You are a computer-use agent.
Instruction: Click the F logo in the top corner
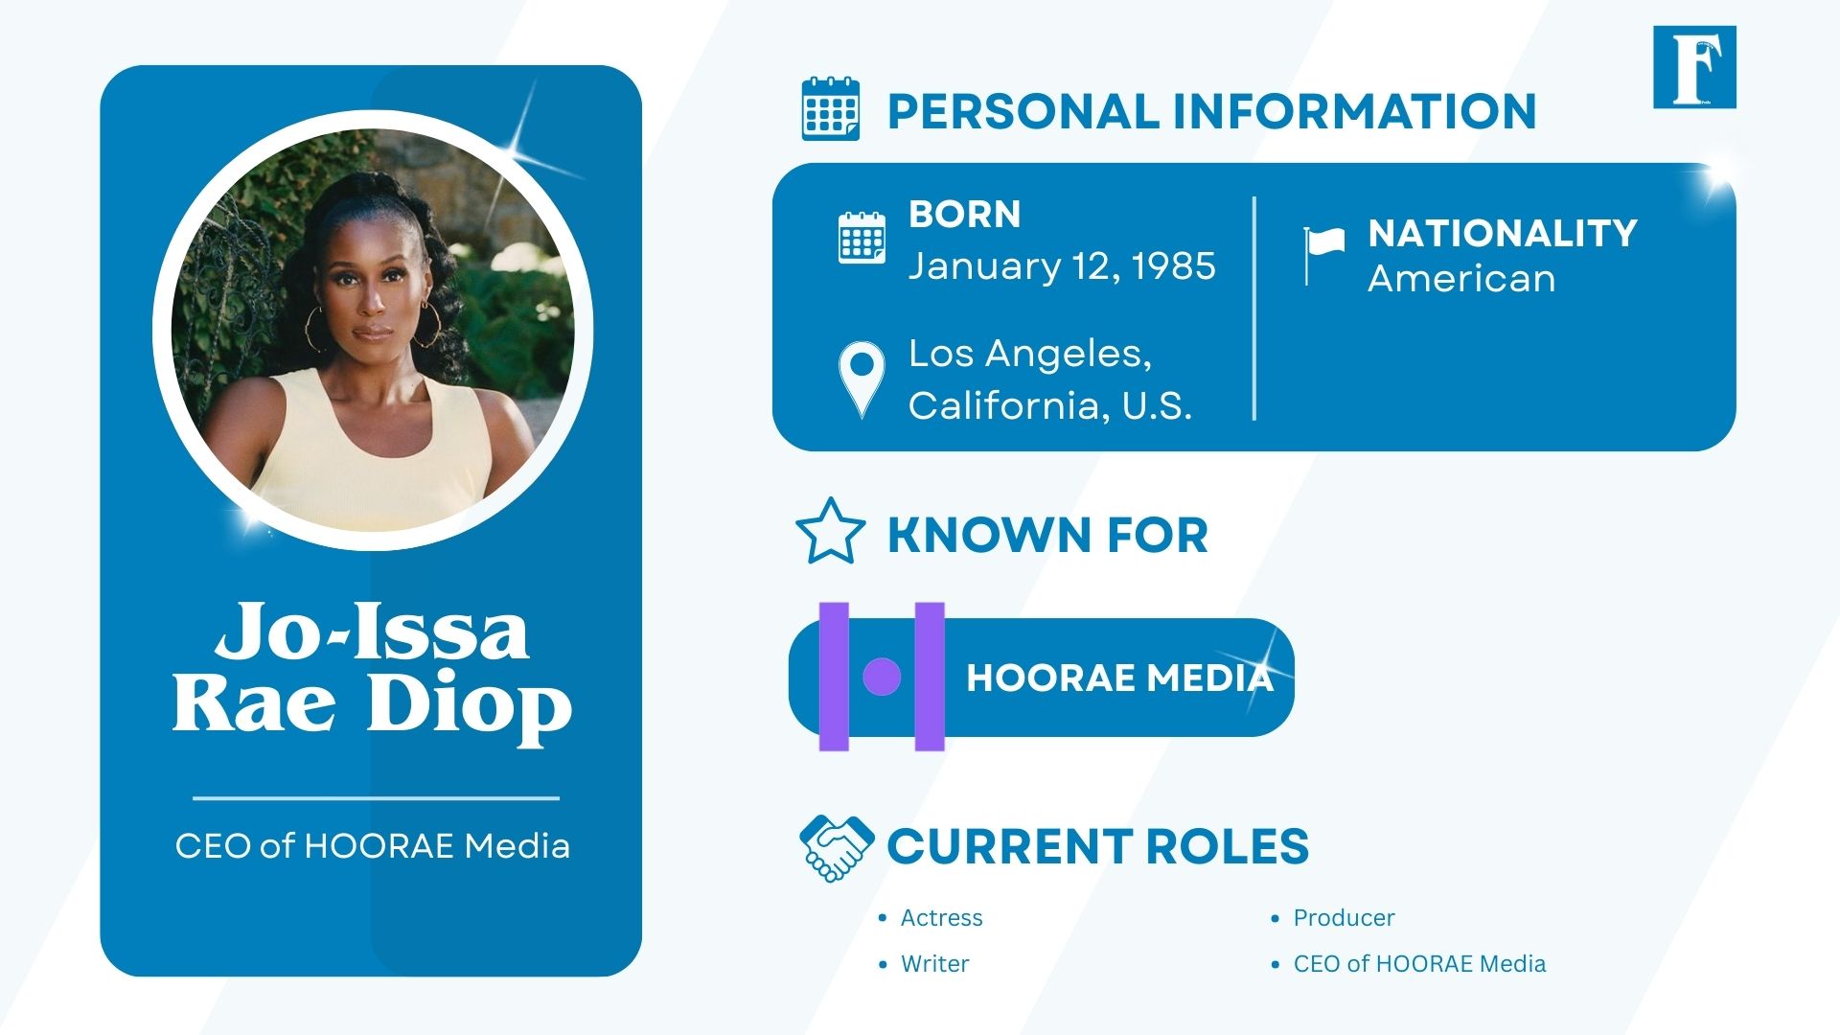1693,67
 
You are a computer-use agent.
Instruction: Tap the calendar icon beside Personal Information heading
830,109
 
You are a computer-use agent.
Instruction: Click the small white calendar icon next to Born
862,238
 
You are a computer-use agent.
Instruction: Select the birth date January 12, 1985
1062,266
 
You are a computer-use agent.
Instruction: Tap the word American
1460,279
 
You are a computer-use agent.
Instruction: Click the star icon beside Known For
830,532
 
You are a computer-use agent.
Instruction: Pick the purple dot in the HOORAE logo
882,677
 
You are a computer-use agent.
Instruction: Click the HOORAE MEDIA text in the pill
1119,678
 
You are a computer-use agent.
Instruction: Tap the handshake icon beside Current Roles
836,847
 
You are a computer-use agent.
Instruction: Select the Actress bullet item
941,918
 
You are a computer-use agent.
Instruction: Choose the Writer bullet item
934,964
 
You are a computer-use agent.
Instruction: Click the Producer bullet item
1344,918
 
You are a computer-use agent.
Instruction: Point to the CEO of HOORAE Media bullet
1419,964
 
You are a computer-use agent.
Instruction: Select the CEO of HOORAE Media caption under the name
372,846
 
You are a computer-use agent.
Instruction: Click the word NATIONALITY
1502,233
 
